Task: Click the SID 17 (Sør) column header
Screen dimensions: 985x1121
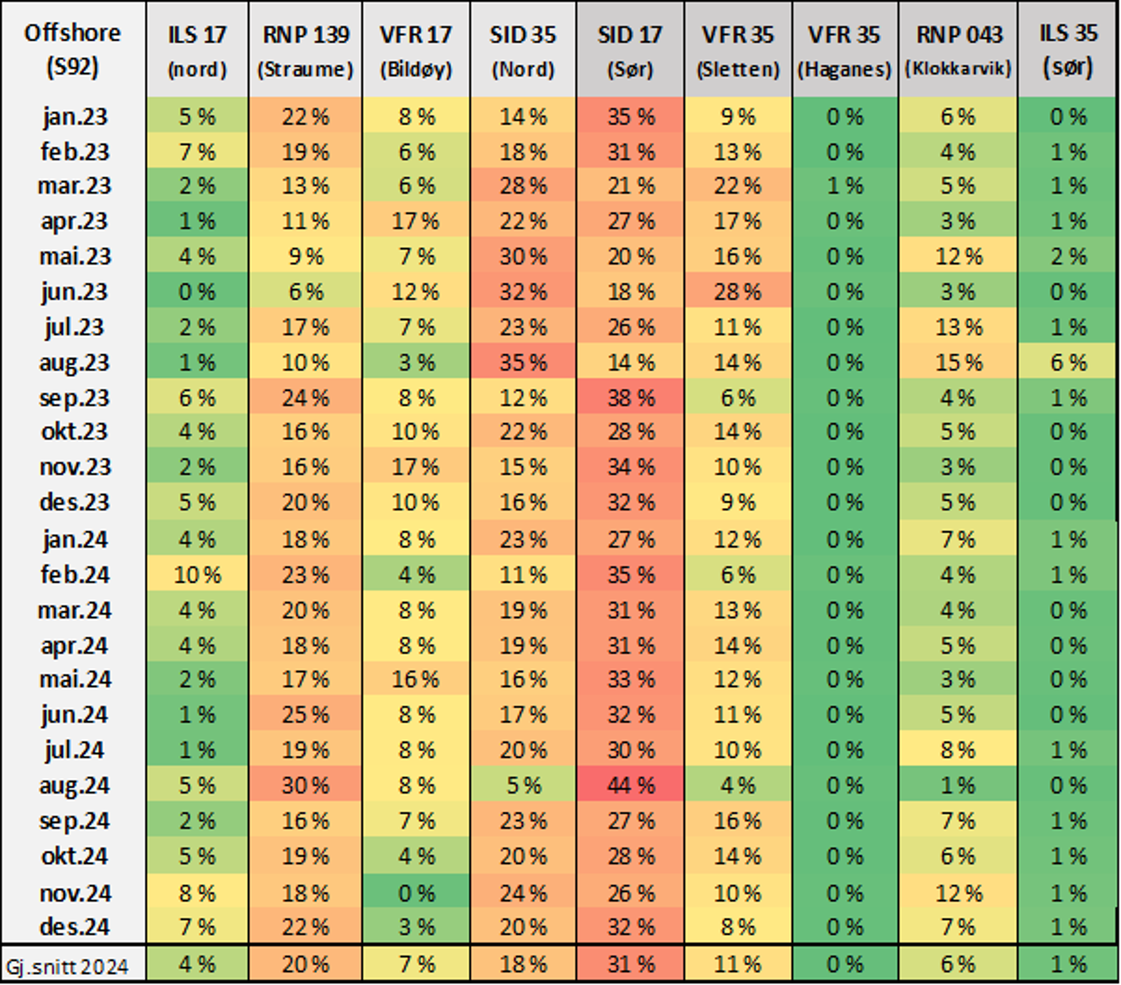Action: [630, 51]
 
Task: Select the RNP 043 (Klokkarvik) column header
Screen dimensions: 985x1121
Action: [958, 51]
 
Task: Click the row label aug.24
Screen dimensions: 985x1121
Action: [74, 785]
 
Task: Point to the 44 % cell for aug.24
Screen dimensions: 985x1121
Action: [630, 785]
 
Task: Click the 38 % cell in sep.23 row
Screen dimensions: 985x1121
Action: [630, 398]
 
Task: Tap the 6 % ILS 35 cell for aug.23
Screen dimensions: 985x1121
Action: [1067, 363]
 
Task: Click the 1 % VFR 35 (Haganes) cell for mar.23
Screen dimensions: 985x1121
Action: [844, 186]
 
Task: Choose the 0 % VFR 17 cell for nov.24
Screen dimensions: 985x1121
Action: [416, 893]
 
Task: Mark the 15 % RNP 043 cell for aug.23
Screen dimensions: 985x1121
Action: [958, 363]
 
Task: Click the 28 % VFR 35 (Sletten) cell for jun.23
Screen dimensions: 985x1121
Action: [738, 292]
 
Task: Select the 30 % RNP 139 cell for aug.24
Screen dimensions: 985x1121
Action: [305, 785]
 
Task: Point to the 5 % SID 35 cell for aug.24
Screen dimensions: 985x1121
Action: [523, 785]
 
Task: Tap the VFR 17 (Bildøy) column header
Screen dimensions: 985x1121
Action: [416, 51]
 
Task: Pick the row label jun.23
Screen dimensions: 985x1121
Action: [74, 292]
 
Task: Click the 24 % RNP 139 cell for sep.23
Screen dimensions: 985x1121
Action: [305, 398]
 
